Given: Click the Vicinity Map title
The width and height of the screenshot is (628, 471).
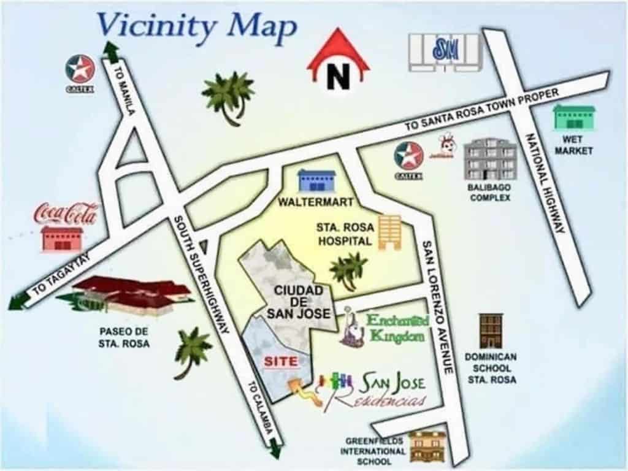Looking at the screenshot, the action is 196,26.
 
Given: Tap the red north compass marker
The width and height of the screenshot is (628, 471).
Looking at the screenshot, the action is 338,64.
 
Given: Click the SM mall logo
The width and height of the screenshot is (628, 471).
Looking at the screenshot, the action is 446,50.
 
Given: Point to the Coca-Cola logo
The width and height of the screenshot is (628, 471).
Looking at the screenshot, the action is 66,214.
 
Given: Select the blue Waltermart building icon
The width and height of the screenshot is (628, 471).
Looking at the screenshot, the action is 316,181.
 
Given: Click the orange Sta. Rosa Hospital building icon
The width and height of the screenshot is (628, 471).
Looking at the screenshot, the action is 389,232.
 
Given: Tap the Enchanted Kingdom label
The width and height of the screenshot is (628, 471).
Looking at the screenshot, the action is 396,328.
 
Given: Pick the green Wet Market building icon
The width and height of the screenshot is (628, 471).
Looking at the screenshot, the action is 574,117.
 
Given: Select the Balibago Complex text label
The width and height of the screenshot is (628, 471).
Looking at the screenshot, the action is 490,193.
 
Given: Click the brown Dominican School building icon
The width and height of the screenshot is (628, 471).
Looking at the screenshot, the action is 491,331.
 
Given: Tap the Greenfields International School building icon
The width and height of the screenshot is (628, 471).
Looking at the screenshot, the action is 427,446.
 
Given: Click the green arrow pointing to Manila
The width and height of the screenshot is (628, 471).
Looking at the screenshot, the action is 111,51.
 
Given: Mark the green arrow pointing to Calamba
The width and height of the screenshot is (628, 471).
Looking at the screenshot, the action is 275,450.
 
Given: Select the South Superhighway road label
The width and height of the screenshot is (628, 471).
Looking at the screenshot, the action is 201,274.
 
